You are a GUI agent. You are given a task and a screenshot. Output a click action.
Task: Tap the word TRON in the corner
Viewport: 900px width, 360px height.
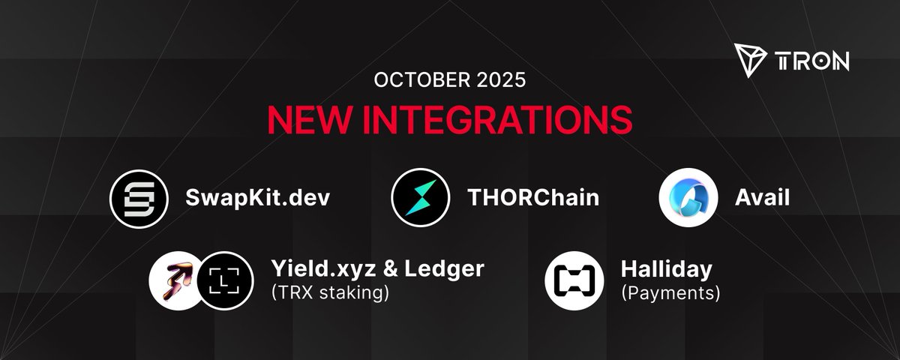tap(812, 60)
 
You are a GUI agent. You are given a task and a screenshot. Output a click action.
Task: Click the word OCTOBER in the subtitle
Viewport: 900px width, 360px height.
tap(406, 80)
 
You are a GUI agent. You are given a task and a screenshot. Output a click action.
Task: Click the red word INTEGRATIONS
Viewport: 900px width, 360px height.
tap(494, 118)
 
